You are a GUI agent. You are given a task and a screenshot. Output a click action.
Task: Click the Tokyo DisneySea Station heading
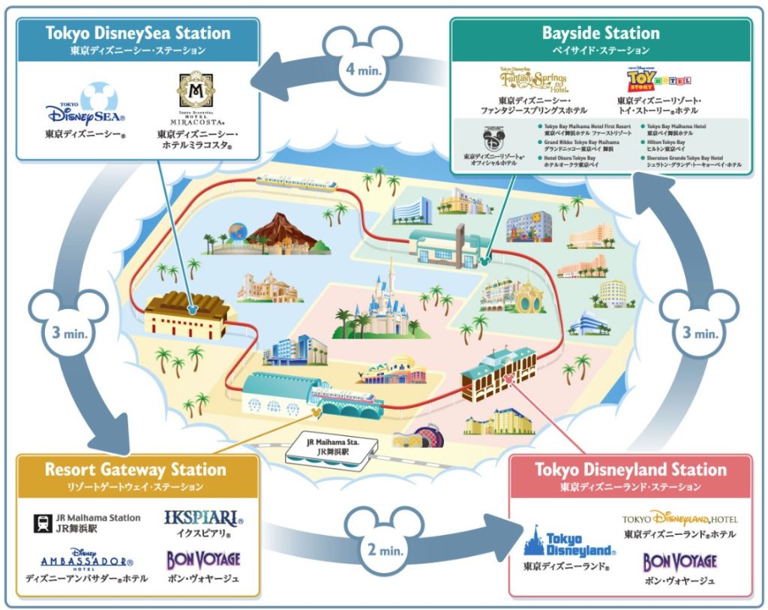point(138,33)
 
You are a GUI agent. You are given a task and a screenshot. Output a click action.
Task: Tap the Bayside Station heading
point(601,33)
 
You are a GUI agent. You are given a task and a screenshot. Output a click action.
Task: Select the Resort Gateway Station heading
point(135,470)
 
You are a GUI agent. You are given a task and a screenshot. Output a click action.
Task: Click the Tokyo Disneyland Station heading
point(630,470)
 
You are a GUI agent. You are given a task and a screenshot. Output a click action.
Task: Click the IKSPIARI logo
point(202,519)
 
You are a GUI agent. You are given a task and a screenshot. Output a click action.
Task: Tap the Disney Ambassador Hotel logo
point(87,560)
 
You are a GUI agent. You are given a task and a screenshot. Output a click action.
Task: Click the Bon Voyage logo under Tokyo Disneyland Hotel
point(679,561)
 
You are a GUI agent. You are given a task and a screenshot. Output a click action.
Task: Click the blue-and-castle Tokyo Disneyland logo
point(570,545)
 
